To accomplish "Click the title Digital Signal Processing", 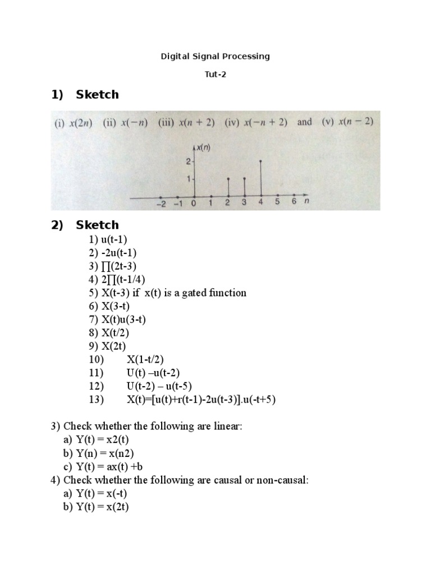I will [215, 56].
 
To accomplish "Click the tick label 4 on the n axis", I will [260, 203].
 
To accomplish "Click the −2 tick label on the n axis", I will [160, 203].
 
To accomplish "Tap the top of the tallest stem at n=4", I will [260, 161].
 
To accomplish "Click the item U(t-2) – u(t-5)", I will [153, 386].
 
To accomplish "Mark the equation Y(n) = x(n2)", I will [104, 453].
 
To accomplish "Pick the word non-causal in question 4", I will [285, 480].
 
